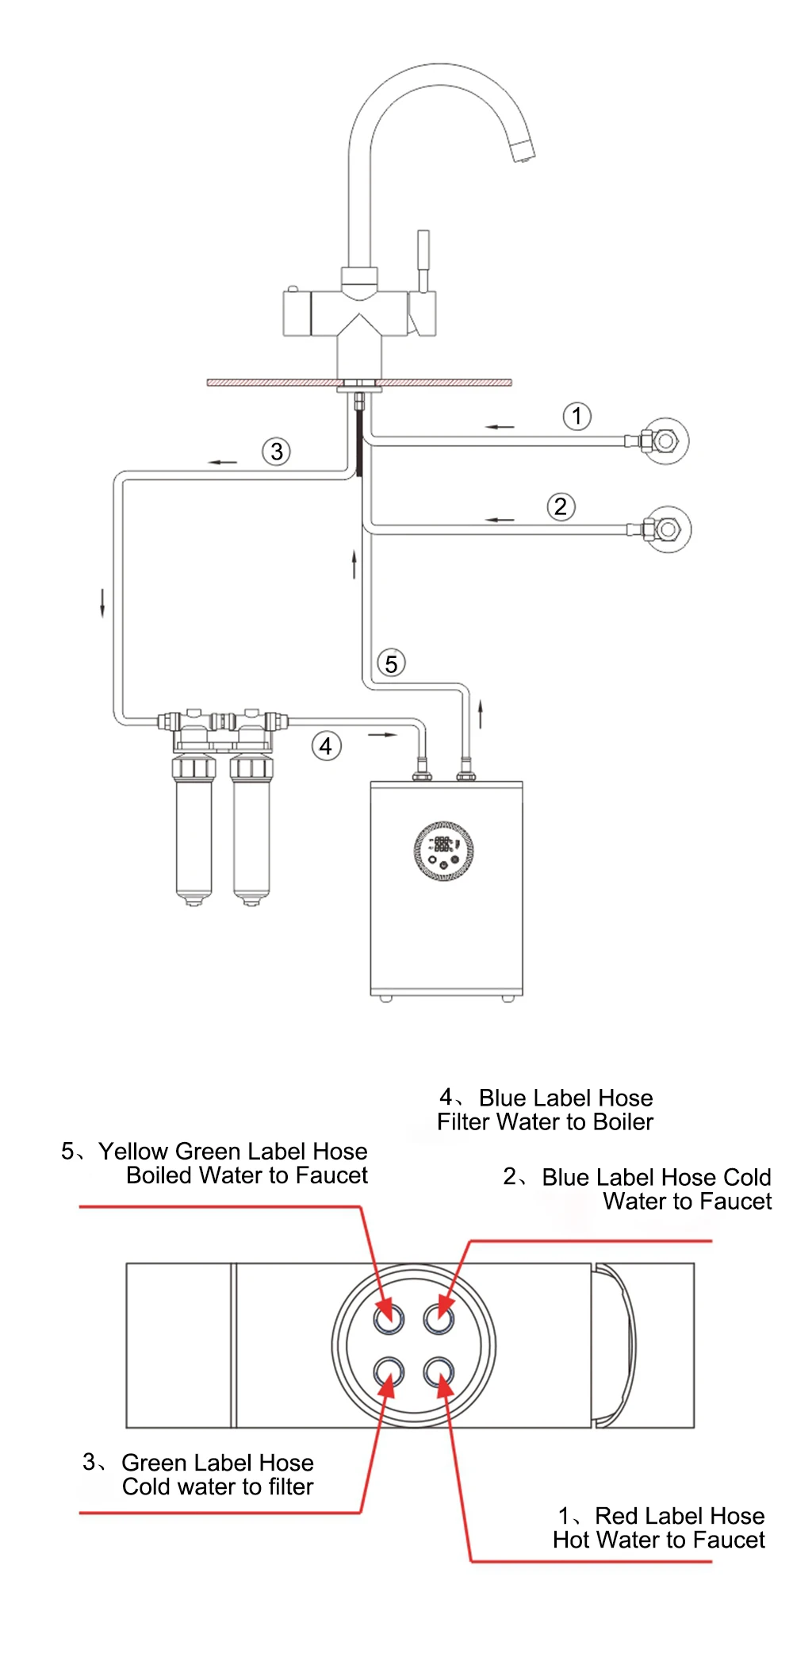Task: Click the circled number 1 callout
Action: tap(577, 416)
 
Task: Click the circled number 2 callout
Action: tap(561, 506)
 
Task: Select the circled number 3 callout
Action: tap(276, 452)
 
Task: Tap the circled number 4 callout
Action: tap(326, 746)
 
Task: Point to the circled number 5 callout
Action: tap(391, 663)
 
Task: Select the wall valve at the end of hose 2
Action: tap(666, 529)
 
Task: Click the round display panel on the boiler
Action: tap(444, 851)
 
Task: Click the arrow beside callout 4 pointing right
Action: tap(381, 735)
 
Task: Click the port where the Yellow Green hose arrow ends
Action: tap(389, 1318)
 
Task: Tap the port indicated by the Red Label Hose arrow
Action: tap(439, 1371)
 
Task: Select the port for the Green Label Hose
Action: tap(389, 1371)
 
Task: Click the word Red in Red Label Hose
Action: tap(616, 1515)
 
